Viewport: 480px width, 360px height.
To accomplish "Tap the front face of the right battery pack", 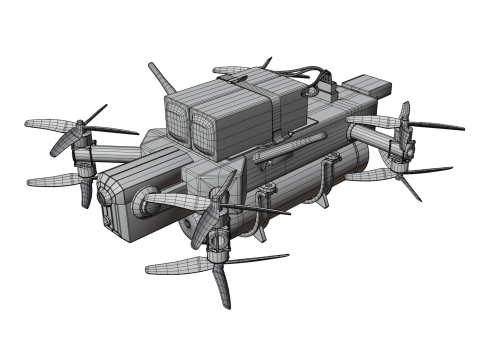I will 204,129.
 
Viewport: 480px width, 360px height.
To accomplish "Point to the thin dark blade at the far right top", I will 435,126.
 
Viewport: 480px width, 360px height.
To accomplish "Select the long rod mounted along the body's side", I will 290,151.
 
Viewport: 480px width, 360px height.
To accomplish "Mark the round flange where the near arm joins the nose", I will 146,203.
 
